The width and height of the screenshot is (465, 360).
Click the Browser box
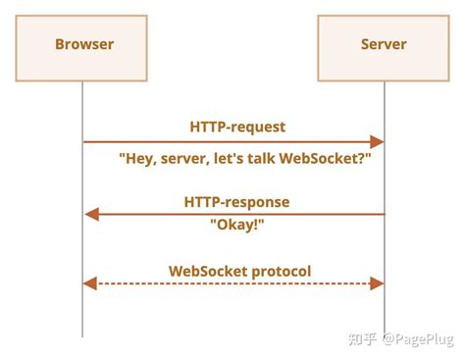tap(83, 45)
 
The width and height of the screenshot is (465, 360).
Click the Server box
tap(383, 45)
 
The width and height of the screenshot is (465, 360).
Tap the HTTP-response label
tap(236, 201)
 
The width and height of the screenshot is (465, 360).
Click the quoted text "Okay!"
tap(236, 224)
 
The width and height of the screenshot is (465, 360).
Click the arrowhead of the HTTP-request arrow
tap(376, 142)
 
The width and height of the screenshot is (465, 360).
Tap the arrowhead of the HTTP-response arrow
tap(91, 213)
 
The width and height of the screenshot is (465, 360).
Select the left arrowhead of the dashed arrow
tap(90, 283)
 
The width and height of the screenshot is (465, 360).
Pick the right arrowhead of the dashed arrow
tap(376, 283)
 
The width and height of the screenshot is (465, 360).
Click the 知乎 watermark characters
tap(365, 338)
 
